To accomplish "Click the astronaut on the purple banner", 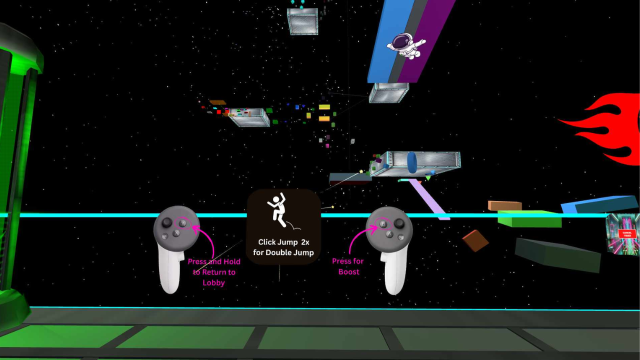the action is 405,45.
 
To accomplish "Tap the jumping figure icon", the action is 276,209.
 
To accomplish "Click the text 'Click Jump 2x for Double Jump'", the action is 283,247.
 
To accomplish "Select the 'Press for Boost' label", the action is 348,266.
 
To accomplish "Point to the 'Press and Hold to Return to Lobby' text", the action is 214,272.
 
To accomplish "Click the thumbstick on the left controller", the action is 167,221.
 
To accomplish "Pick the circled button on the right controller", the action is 383,224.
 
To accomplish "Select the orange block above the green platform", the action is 504,205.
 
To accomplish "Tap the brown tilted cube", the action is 475,240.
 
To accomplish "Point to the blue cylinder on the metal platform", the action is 412,162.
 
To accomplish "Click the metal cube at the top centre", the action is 302,21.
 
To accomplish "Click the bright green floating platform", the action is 529,218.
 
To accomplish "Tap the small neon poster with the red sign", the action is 623,233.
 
